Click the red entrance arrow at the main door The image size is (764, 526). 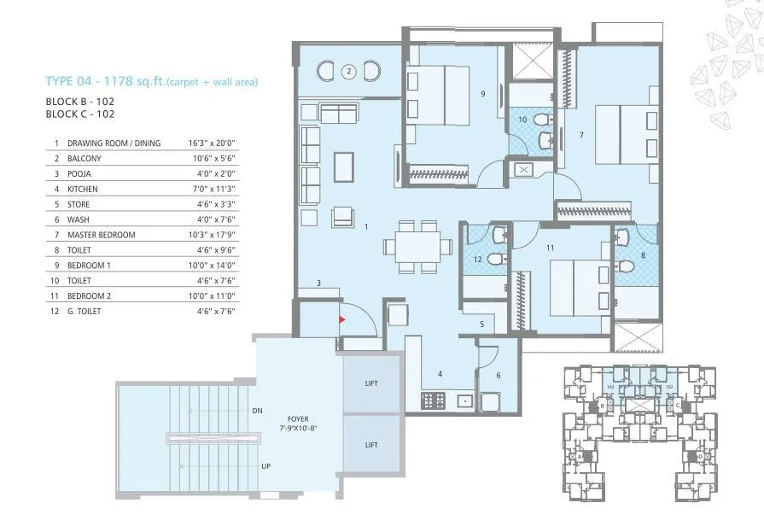[343, 320]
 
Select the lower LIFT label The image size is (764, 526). [371, 445]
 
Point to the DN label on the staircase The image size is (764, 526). [257, 411]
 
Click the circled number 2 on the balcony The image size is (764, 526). [348, 72]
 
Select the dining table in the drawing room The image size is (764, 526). [417, 247]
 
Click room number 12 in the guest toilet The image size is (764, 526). [478, 260]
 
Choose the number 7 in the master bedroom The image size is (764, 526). [580, 134]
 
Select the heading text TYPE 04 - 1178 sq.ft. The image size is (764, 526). [103, 82]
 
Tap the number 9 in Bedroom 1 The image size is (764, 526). [482, 94]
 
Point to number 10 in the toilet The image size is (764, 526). [522, 120]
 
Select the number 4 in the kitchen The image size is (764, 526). [440, 373]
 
